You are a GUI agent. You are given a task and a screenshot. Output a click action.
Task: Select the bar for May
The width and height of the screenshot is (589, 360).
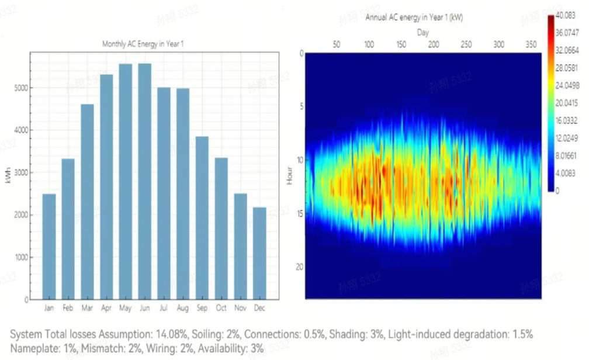click(126, 182)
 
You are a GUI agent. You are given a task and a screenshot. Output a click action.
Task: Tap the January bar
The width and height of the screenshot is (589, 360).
click(49, 246)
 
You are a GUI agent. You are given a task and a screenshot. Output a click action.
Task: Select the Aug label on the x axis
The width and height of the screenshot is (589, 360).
click(183, 308)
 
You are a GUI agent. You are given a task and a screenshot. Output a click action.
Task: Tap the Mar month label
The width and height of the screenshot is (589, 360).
click(87, 308)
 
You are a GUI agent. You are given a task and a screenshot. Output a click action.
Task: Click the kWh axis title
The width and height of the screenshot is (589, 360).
click(8, 176)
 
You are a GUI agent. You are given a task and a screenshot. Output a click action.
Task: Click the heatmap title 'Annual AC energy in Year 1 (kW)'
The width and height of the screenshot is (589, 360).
click(414, 18)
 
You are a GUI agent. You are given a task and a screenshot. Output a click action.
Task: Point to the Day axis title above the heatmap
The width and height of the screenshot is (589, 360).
click(422, 33)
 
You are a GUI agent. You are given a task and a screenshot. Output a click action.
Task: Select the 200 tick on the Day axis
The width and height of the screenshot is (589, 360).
click(434, 44)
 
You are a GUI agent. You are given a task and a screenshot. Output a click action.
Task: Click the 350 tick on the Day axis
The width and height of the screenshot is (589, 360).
click(531, 44)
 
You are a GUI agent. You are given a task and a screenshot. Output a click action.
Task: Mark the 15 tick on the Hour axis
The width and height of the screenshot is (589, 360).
click(300, 213)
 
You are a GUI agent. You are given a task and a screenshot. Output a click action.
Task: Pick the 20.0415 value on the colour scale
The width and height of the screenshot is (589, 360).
click(567, 103)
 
